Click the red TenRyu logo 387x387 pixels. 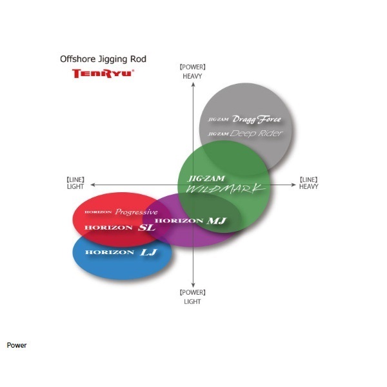103,74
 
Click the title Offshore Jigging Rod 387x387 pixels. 103,59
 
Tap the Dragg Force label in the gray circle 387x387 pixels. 257,119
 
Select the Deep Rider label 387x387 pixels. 256,134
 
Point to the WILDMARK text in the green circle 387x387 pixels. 225,189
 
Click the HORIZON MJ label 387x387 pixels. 190,221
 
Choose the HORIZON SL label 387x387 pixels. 120,228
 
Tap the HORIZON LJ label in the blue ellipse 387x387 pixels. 121,252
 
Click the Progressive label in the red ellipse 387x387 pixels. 136,212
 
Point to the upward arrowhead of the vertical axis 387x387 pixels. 193,84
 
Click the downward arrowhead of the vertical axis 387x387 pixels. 193,286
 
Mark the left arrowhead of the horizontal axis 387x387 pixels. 93,184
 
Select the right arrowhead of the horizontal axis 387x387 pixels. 293,184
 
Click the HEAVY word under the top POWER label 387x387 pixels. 192,76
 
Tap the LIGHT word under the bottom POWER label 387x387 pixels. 192,302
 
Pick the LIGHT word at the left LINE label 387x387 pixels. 75,186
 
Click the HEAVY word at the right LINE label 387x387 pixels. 309,186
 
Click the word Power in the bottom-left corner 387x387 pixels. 17,345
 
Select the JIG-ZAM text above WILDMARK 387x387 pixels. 206,179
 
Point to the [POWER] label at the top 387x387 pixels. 192,67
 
